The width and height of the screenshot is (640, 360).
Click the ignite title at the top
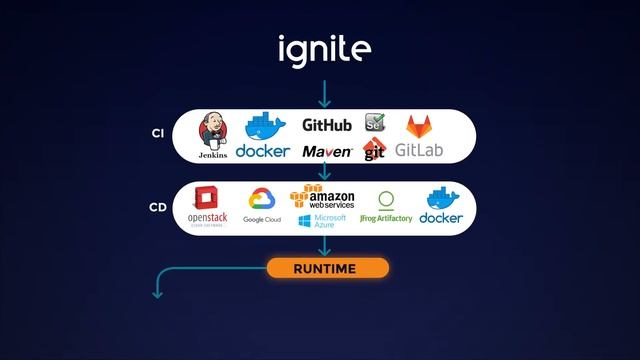pos(324,47)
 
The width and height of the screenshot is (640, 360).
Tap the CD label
pos(157,208)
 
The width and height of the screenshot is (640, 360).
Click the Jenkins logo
pos(213,135)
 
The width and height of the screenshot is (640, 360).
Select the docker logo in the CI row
pos(263,137)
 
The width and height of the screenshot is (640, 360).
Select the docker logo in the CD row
pos(441,204)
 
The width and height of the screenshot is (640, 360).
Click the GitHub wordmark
pos(327,126)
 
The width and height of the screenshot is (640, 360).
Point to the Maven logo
pos(327,151)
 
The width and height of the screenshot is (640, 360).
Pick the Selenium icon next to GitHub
pos(375,125)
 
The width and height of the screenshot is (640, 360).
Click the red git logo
pos(374,150)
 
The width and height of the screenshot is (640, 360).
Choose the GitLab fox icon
pos(417,127)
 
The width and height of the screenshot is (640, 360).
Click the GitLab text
pos(419,152)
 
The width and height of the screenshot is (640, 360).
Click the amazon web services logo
pos(322,197)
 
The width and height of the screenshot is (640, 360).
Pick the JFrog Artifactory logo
pos(386,207)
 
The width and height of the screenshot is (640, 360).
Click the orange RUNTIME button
pos(326,268)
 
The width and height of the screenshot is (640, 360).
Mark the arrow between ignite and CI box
pos(323,94)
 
